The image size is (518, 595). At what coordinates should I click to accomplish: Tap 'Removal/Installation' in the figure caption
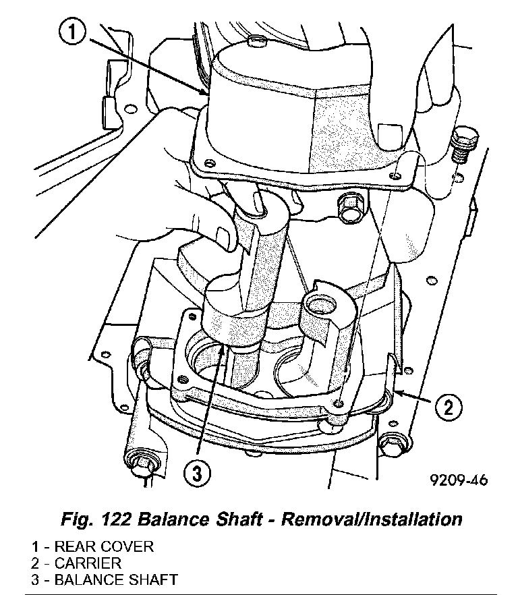372,519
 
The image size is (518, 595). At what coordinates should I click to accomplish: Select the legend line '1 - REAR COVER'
92,546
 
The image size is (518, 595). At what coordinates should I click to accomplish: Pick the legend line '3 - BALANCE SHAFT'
104,579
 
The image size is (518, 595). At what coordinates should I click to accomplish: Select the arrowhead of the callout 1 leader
206,93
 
